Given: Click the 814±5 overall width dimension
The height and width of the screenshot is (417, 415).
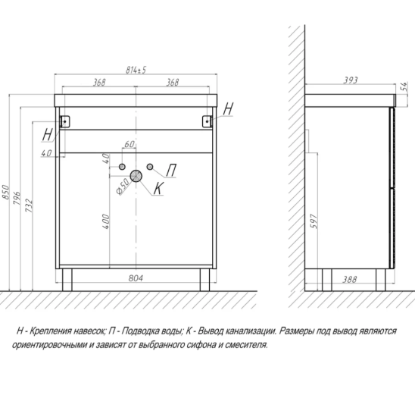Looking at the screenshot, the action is click(x=136, y=70).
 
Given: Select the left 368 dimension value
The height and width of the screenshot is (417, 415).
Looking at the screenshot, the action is click(x=99, y=82).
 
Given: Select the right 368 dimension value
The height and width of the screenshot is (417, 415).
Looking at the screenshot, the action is click(x=173, y=82).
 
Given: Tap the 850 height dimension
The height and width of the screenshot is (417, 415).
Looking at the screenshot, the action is click(x=5, y=192).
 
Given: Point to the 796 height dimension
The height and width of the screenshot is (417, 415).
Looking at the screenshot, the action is click(x=17, y=198).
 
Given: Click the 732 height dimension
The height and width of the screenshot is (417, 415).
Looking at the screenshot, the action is click(x=29, y=205).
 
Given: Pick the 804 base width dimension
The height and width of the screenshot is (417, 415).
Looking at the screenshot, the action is click(x=136, y=278).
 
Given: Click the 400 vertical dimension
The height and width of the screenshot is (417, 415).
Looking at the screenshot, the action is click(x=105, y=221).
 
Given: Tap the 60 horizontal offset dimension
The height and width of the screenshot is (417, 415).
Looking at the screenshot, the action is click(x=129, y=144).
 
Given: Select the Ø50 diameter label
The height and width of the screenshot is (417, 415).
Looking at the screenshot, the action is click(x=123, y=186).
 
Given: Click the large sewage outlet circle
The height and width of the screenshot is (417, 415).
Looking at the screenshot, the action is click(x=136, y=176).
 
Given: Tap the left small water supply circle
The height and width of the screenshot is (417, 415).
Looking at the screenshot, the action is click(x=122, y=167).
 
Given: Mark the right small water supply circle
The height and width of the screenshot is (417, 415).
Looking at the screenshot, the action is click(x=150, y=167).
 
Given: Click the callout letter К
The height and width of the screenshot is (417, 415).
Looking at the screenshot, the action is click(x=158, y=189).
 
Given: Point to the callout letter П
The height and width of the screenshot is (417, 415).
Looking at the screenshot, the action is click(x=171, y=170).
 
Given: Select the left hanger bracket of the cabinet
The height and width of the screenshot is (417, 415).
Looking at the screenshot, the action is click(x=65, y=121).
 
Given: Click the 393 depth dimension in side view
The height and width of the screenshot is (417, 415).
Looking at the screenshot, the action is click(x=351, y=80).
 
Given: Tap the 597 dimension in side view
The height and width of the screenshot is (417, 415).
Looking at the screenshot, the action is click(x=314, y=221).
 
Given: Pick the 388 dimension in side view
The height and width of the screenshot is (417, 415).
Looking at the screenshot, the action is click(x=350, y=279).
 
